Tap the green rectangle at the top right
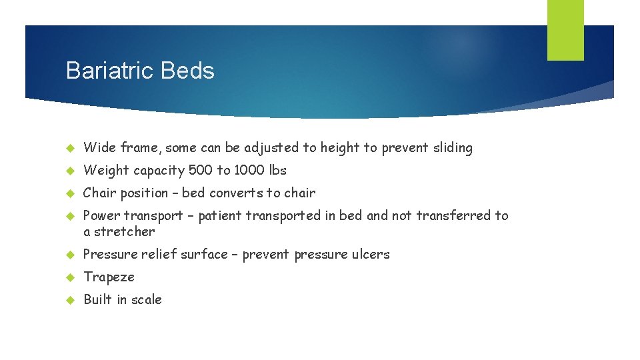coord(565,29)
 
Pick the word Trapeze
coord(109,277)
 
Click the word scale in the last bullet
coord(147,299)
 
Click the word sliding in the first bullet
coord(451,148)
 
